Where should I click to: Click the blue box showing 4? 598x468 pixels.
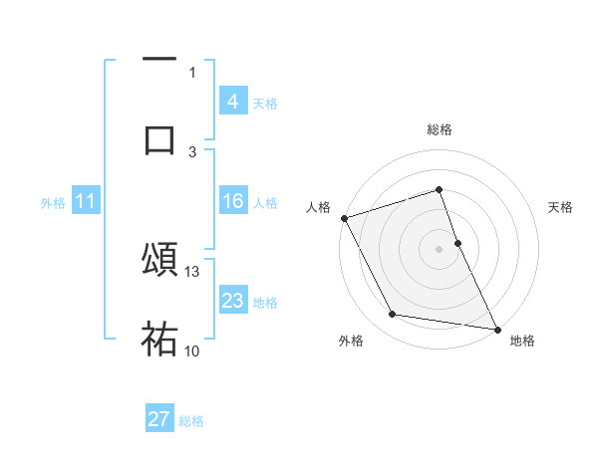pos(233,102)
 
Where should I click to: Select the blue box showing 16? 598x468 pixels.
pos(233,202)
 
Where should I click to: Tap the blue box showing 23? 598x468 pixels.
pos(233,301)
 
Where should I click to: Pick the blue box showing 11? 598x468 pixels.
pos(86,202)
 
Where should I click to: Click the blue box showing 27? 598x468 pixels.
pos(159,419)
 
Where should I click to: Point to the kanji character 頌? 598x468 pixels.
pos(159,259)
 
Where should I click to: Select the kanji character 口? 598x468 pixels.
pos(159,140)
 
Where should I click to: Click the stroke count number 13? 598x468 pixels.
pos(193,271)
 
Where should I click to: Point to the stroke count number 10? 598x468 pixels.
pos(192,351)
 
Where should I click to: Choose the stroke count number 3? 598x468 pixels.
pos(192,151)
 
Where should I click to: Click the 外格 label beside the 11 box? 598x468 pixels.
pos(53,203)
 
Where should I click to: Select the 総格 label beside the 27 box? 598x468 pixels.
pos(191,421)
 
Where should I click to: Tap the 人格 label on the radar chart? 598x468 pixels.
pos(318,207)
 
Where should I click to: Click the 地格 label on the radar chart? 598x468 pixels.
pos(522,341)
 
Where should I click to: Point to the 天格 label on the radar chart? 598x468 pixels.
pos(560,207)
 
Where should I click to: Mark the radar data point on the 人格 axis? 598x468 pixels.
pos(344,218)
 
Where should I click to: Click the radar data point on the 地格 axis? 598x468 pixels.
pos(496,328)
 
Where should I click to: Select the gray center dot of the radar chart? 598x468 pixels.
pos(439,248)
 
